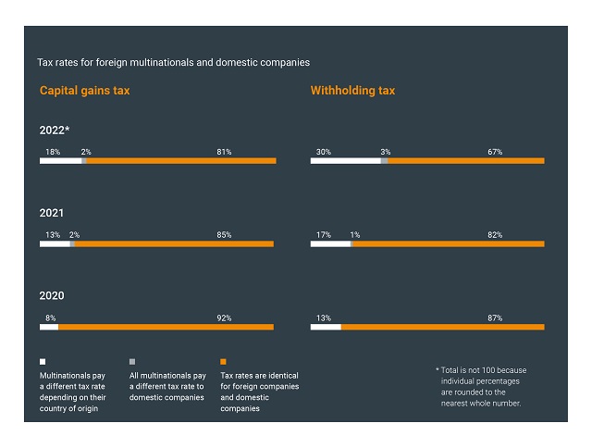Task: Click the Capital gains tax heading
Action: pyautogui.click(x=84, y=91)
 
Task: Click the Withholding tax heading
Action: pyautogui.click(x=352, y=91)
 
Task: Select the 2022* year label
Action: pyautogui.click(x=55, y=131)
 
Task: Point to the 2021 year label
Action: pyautogui.click(x=51, y=213)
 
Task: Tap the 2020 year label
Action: pyautogui.click(x=51, y=296)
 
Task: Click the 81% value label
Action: pyautogui.click(x=223, y=152)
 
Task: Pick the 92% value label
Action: pyautogui.click(x=223, y=318)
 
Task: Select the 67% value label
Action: pyautogui.click(x=495, y=152)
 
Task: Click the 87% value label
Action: pyautogui.click(x=495, y=318)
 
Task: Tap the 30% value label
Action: pyautogui.click(x=324, y=152)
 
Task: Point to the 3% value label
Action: pyautogui.click(x=386, y=152)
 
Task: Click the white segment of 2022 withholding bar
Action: pyautogui.click(x=345, y=161)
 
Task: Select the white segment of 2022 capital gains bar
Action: pyautogui.click(x=60, y=161)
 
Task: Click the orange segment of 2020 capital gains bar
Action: pyautogui.click(x=166, y=327)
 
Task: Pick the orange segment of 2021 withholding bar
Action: pyautogui.click(x=448, y=244)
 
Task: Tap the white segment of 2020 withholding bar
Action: pyautogui.click(x=326, y=327)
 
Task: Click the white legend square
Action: pyautogui.click(x=43, y=361)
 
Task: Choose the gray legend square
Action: pyautogui.click(x=132, y=361)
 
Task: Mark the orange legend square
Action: pyautogui.click(x=223, y=361)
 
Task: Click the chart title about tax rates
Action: pyautogui.click(x=173, y=62)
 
